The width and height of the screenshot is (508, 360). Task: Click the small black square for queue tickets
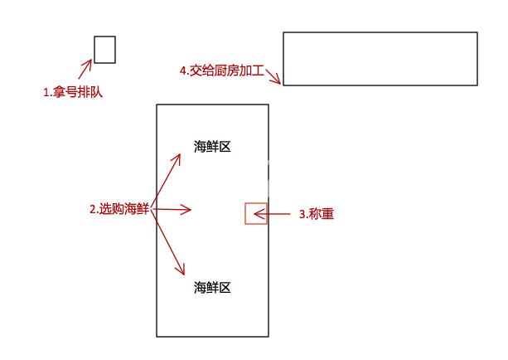[x=104, y=50]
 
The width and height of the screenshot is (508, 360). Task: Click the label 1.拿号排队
[x=72, y=93]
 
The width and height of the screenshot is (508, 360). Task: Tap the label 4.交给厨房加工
[x=222, y=71]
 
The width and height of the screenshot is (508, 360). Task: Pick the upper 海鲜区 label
[x=212, y=147]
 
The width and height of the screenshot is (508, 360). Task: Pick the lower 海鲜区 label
[x=212, y=288]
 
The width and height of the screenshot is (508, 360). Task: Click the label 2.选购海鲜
[x=119, y=210]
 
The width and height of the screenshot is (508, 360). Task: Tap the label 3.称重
[x=316, y=214]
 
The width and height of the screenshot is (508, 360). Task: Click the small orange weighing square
[x=255, y=213]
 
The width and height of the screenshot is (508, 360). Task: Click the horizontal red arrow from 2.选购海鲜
[x=172, y=210]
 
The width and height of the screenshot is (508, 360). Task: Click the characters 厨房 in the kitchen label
[x=227, y=71]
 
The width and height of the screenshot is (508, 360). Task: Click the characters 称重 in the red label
[x=322, y=214]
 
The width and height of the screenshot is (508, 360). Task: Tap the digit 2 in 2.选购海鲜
[x=93, y=210]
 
